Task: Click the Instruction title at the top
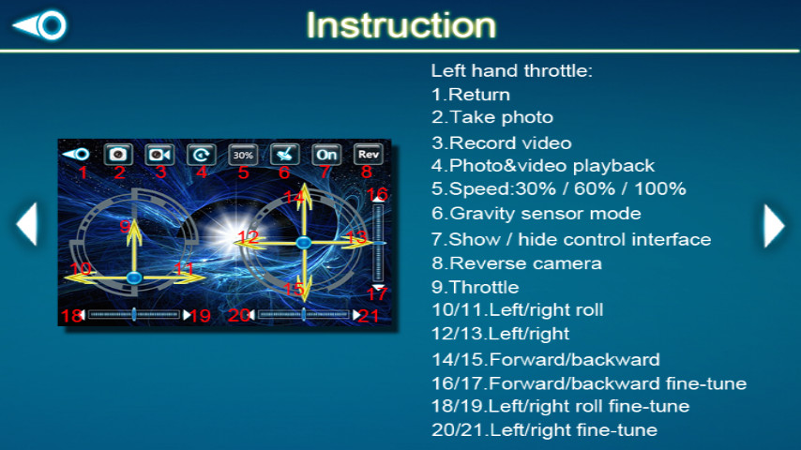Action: [401, 25]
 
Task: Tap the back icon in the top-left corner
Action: [39, 25]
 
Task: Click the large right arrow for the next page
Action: [774, 225]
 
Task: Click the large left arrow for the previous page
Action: [26, 224]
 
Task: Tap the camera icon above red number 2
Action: [118, 155]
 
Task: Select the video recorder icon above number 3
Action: [159, 155]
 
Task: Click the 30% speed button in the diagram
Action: [243, 155]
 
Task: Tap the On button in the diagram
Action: [326, 155]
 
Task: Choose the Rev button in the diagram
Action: [369, 155]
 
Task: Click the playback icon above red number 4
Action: [201, 155]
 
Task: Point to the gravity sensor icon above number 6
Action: [284, 155]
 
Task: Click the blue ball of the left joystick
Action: [134, 277]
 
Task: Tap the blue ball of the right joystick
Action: [304, 243]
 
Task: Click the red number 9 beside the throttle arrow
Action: [125, 226]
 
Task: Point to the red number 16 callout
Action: [377, 194]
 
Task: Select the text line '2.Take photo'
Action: [491, 117]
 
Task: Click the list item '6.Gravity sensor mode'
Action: [536, 213]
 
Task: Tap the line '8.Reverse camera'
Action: [517, 263]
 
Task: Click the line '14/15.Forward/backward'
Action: [546, 360]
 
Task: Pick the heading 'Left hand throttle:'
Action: [511, 70]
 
